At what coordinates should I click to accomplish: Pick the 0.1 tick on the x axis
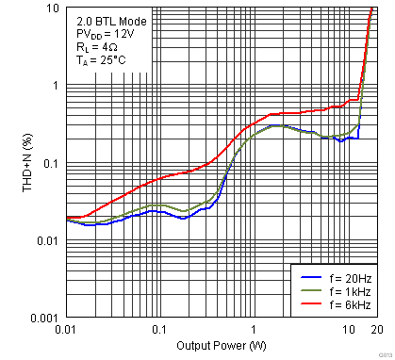point(158,330)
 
